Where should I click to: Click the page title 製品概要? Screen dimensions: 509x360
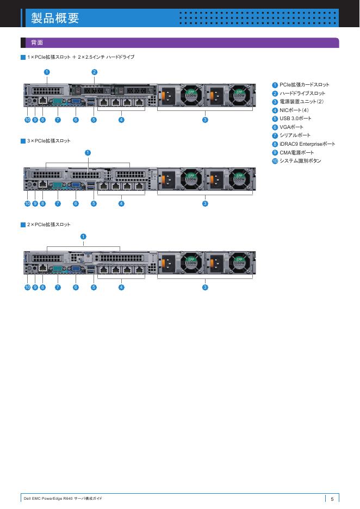pos(55,18)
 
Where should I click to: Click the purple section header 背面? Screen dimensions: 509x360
pos(38,42)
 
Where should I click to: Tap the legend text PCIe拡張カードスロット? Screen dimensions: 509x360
pos(305,85)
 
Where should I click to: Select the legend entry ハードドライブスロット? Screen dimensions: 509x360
pos(302,94)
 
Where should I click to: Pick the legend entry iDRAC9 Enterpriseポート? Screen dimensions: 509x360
pos(307,144)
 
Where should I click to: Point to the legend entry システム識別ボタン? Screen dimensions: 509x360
pos(300,161)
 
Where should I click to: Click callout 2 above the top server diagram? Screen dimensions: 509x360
pos(94,72)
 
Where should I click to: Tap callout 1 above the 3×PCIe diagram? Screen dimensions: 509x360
pos(88,152)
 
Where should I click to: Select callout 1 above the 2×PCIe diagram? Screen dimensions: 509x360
pos(83,236)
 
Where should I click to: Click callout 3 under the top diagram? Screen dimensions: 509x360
pos(205,120)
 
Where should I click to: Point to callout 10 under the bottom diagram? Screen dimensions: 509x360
pos(27,287)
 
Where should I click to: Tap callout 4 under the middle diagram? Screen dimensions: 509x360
pos(121,203)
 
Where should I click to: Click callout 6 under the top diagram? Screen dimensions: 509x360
pos(76,120)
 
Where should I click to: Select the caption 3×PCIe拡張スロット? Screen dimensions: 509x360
pos(49,141)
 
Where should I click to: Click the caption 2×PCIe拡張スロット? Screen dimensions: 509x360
pos(49,225)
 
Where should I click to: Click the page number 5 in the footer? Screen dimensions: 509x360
pos(332,499)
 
